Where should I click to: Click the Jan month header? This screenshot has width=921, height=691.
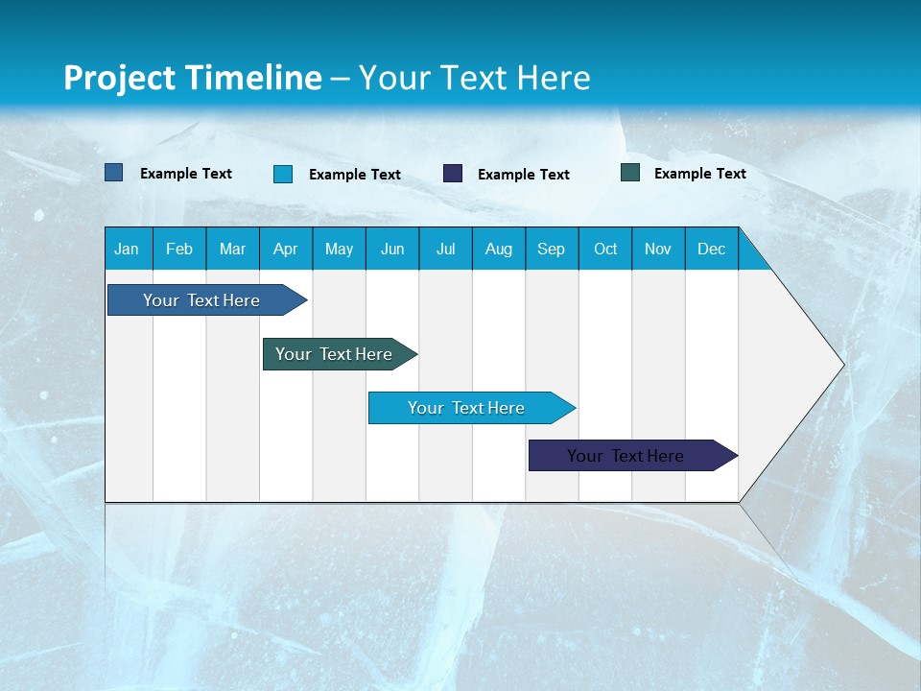click(x=127, y=249)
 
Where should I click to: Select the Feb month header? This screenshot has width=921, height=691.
click(x=179, y=249)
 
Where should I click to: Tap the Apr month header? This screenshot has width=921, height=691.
click(x=285, y=249)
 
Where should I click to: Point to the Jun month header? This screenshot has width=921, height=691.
click(x=392, y=249)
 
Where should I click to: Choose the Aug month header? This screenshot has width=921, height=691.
click(x=498, y=249)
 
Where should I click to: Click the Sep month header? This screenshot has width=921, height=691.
click(x=551, y=249)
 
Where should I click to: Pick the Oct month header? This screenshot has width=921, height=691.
click(x=605, y=249)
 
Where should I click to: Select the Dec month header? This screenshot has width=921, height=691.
click(x=711, y=249)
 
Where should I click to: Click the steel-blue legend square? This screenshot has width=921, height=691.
click(x=114, y=173)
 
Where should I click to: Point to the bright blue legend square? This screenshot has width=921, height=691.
click(x=283, y=174)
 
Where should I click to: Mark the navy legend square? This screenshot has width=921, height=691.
click(x=453, y=174)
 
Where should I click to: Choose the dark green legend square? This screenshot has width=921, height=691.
click(x=630, y=173)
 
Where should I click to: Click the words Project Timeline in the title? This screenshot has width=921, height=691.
click(x=193, y=78)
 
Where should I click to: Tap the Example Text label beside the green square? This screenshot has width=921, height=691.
click(x=699, y=174)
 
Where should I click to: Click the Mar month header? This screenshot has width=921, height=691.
click(x=232, y=249)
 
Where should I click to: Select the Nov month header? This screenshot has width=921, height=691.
click(x=658, y=249)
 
